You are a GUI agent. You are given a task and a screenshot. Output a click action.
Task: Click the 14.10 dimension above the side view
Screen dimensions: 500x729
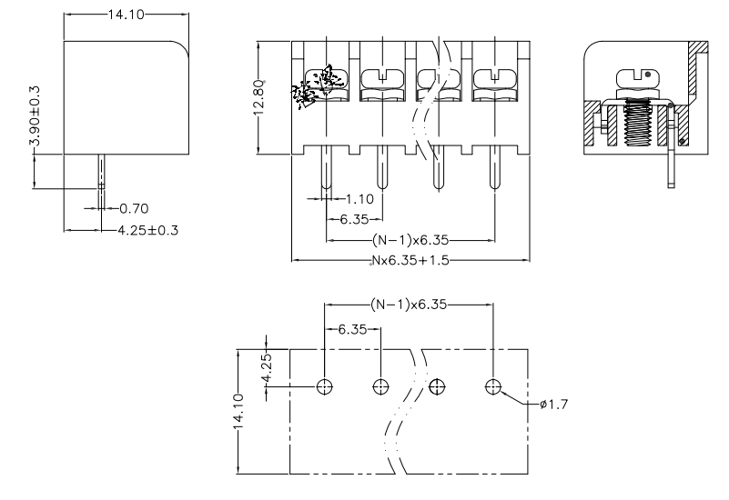(124, 15)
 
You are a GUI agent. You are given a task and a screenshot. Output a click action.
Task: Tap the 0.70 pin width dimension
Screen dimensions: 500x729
(134, 208)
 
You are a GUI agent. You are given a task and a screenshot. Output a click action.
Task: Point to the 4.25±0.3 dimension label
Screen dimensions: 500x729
(148, 229)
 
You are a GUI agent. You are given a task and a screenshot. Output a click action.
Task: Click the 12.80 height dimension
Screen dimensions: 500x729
(258, 96)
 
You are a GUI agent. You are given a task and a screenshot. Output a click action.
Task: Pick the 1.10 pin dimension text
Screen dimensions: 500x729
(361, 197)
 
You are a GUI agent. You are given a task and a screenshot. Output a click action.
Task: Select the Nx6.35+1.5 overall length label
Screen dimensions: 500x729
(410, 260)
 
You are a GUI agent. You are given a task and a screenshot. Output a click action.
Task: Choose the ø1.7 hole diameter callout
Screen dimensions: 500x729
(553, 405)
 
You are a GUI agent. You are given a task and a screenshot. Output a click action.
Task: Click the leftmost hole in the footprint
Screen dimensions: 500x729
(325, 386)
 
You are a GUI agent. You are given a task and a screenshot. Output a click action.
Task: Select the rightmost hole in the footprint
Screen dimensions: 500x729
(493, 386)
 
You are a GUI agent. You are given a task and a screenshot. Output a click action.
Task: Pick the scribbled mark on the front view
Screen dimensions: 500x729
(314, 86)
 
